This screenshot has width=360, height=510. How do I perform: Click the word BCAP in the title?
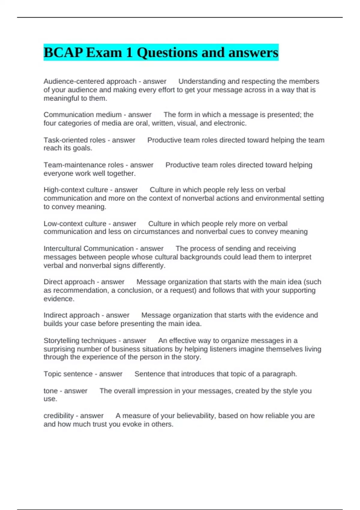63,53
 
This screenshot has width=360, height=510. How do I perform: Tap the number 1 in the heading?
129,53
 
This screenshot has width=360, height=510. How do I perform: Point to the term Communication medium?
82,115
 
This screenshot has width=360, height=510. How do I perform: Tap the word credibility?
58,416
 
